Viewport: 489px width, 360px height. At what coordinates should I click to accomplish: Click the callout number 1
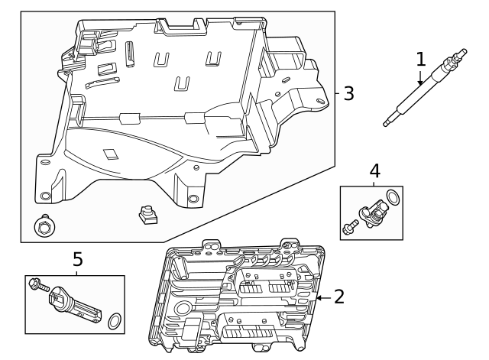[420, 59]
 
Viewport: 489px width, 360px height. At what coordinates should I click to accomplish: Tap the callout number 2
[339, 297]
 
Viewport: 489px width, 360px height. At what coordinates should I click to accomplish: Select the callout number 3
[348, 93]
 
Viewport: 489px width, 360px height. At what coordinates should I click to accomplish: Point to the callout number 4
[374, 171]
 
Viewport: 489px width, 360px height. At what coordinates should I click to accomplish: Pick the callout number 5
[77, 260]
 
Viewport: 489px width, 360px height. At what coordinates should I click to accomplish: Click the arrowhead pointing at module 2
[319, 297]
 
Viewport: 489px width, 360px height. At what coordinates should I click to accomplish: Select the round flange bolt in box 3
[43, 226]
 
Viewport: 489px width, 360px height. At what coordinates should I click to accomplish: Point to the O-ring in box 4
[392, 199]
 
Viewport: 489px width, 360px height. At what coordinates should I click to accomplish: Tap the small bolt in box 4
[349, 226]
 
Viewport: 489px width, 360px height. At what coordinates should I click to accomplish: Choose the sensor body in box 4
[371, 209]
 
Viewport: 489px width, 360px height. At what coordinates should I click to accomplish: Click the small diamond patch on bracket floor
[112, 152]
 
